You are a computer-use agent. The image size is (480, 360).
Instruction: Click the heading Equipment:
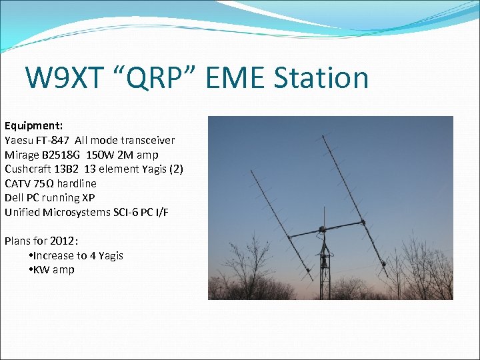click(33, 125)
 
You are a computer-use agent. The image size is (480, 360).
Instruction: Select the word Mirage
click(22, 155)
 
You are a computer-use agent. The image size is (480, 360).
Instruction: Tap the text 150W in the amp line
click(100, 155)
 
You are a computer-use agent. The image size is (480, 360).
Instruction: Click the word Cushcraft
click(28, 169)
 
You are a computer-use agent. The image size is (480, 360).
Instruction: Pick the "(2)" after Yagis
click(176, 169)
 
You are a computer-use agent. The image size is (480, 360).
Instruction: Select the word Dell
click(15, 197)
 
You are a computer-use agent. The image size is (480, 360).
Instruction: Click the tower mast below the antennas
click(325, 273)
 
